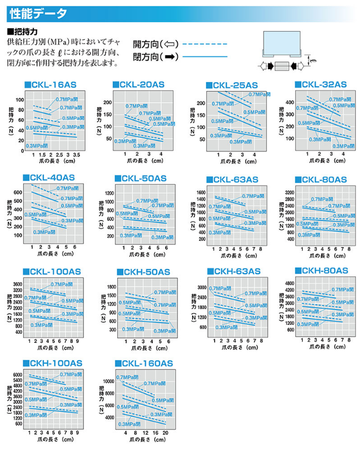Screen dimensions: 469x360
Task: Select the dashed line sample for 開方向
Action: point(205,44)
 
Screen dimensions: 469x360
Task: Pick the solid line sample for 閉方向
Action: point(205,56)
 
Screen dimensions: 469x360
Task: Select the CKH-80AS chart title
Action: point(323,271)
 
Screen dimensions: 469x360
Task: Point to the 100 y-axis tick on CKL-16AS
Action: point(20,100)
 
